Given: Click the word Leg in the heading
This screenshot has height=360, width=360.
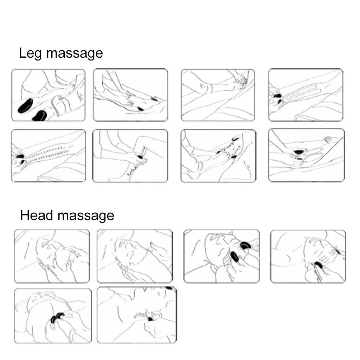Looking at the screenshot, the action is [x=30, y=53].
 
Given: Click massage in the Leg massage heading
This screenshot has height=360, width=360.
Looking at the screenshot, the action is [x=75, y=54].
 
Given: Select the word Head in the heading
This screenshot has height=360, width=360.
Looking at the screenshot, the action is [x=37, y=215].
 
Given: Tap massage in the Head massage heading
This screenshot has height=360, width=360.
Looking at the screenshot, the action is [x=86, y=216].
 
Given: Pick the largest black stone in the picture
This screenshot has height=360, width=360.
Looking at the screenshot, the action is [x=25, y=105].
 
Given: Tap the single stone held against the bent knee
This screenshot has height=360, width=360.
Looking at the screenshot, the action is [x=140, y=157].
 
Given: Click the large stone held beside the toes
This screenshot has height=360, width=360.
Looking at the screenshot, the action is [x=298, y=152].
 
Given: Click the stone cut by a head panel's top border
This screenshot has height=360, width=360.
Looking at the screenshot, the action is [x=169, y=288].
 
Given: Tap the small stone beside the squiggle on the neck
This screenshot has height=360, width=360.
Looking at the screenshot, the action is [x=150, y=319].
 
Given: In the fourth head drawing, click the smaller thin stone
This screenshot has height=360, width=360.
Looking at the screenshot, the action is [x=338, y=252].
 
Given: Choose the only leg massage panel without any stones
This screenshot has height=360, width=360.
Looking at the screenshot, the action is [x=218, y=95].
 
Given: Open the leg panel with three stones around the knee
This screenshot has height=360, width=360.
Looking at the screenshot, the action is [x=218, y=156].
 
